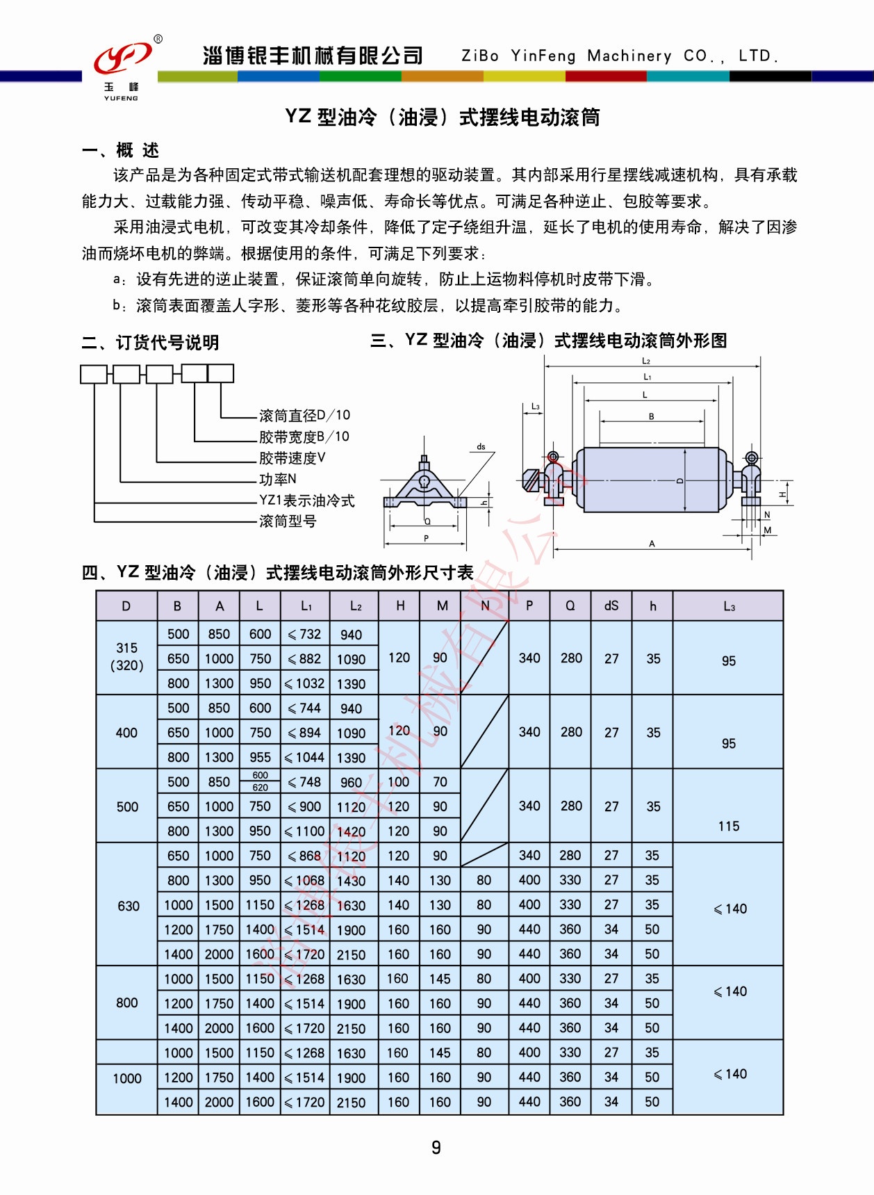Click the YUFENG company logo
point(123,67)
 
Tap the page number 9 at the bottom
point(436,1147)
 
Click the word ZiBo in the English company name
point(480,56)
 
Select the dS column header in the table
point(611,605)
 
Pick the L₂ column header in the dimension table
point(356,606)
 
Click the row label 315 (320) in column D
point(127,656)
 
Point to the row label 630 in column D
point(129,906)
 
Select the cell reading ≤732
point(305,634)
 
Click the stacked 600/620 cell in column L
point(261,781)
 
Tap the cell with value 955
point(261,757)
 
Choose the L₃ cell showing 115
point(729,826)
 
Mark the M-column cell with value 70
point(440,782)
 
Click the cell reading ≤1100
point(305,831)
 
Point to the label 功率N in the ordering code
point(278,479)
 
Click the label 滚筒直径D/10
point(304,415)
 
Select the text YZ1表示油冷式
point(306,501)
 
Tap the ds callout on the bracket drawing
point(481,447)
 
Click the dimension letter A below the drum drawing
point(652,544)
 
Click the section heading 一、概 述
point(121,150)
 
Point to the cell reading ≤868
point(305,856)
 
